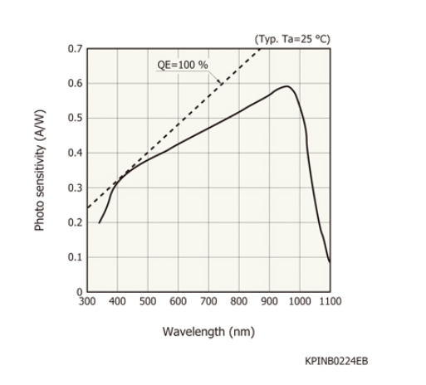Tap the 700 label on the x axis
tap(208, 300)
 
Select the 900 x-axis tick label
tap(269, 300)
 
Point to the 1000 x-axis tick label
tap(299, 300)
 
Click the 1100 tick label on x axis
tap(329, 300)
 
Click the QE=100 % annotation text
tap(184, 66)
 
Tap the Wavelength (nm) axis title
tap(208, 332)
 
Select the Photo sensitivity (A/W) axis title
tap(40, 170)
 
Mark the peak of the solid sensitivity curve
tap(286, 86)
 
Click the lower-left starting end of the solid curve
tap(99, 222)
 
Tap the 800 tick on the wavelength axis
tap(239, 300)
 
